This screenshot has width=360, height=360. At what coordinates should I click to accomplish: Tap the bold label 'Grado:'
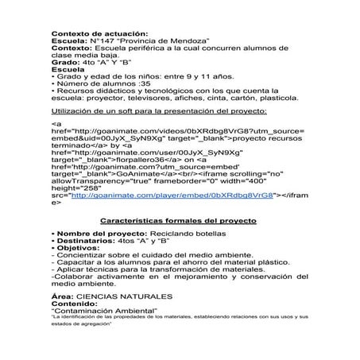coord(65,61)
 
